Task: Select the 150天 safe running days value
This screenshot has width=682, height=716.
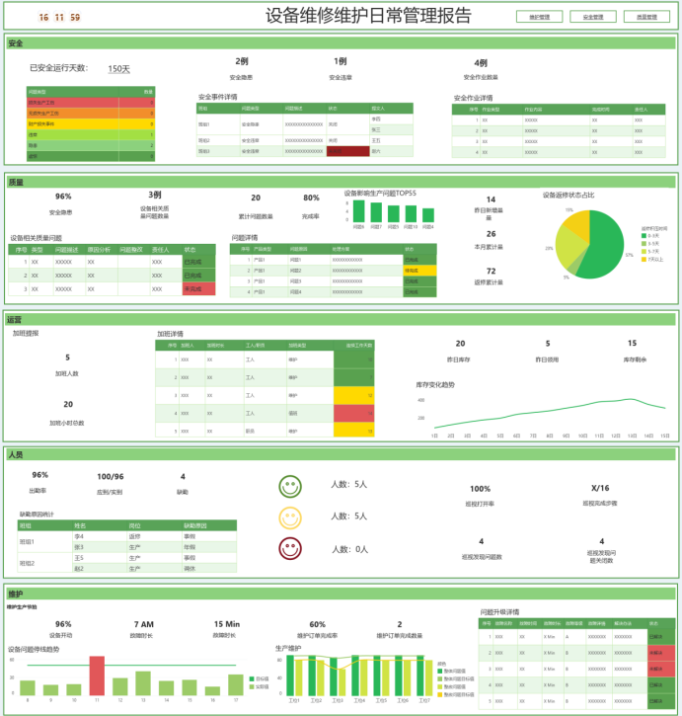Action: (118, 69)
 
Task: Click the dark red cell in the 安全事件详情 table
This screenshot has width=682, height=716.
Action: (347, 151)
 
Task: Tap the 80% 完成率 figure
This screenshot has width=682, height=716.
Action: (311, 198)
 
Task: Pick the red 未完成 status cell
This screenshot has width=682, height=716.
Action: (198, 288)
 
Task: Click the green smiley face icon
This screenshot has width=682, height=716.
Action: (289, 485)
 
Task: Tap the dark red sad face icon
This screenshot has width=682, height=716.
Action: (289, 548)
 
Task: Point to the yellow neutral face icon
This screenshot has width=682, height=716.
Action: (289, 517)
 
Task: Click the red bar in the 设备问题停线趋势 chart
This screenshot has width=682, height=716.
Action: (97, 676)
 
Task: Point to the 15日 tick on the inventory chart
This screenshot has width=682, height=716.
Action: (665, 436)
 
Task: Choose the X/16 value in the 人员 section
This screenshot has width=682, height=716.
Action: (600, 488)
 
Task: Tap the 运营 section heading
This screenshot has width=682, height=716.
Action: (14, 321)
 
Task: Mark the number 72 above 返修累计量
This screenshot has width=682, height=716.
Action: (491, 271)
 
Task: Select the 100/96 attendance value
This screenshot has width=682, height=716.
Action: (110, 476)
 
